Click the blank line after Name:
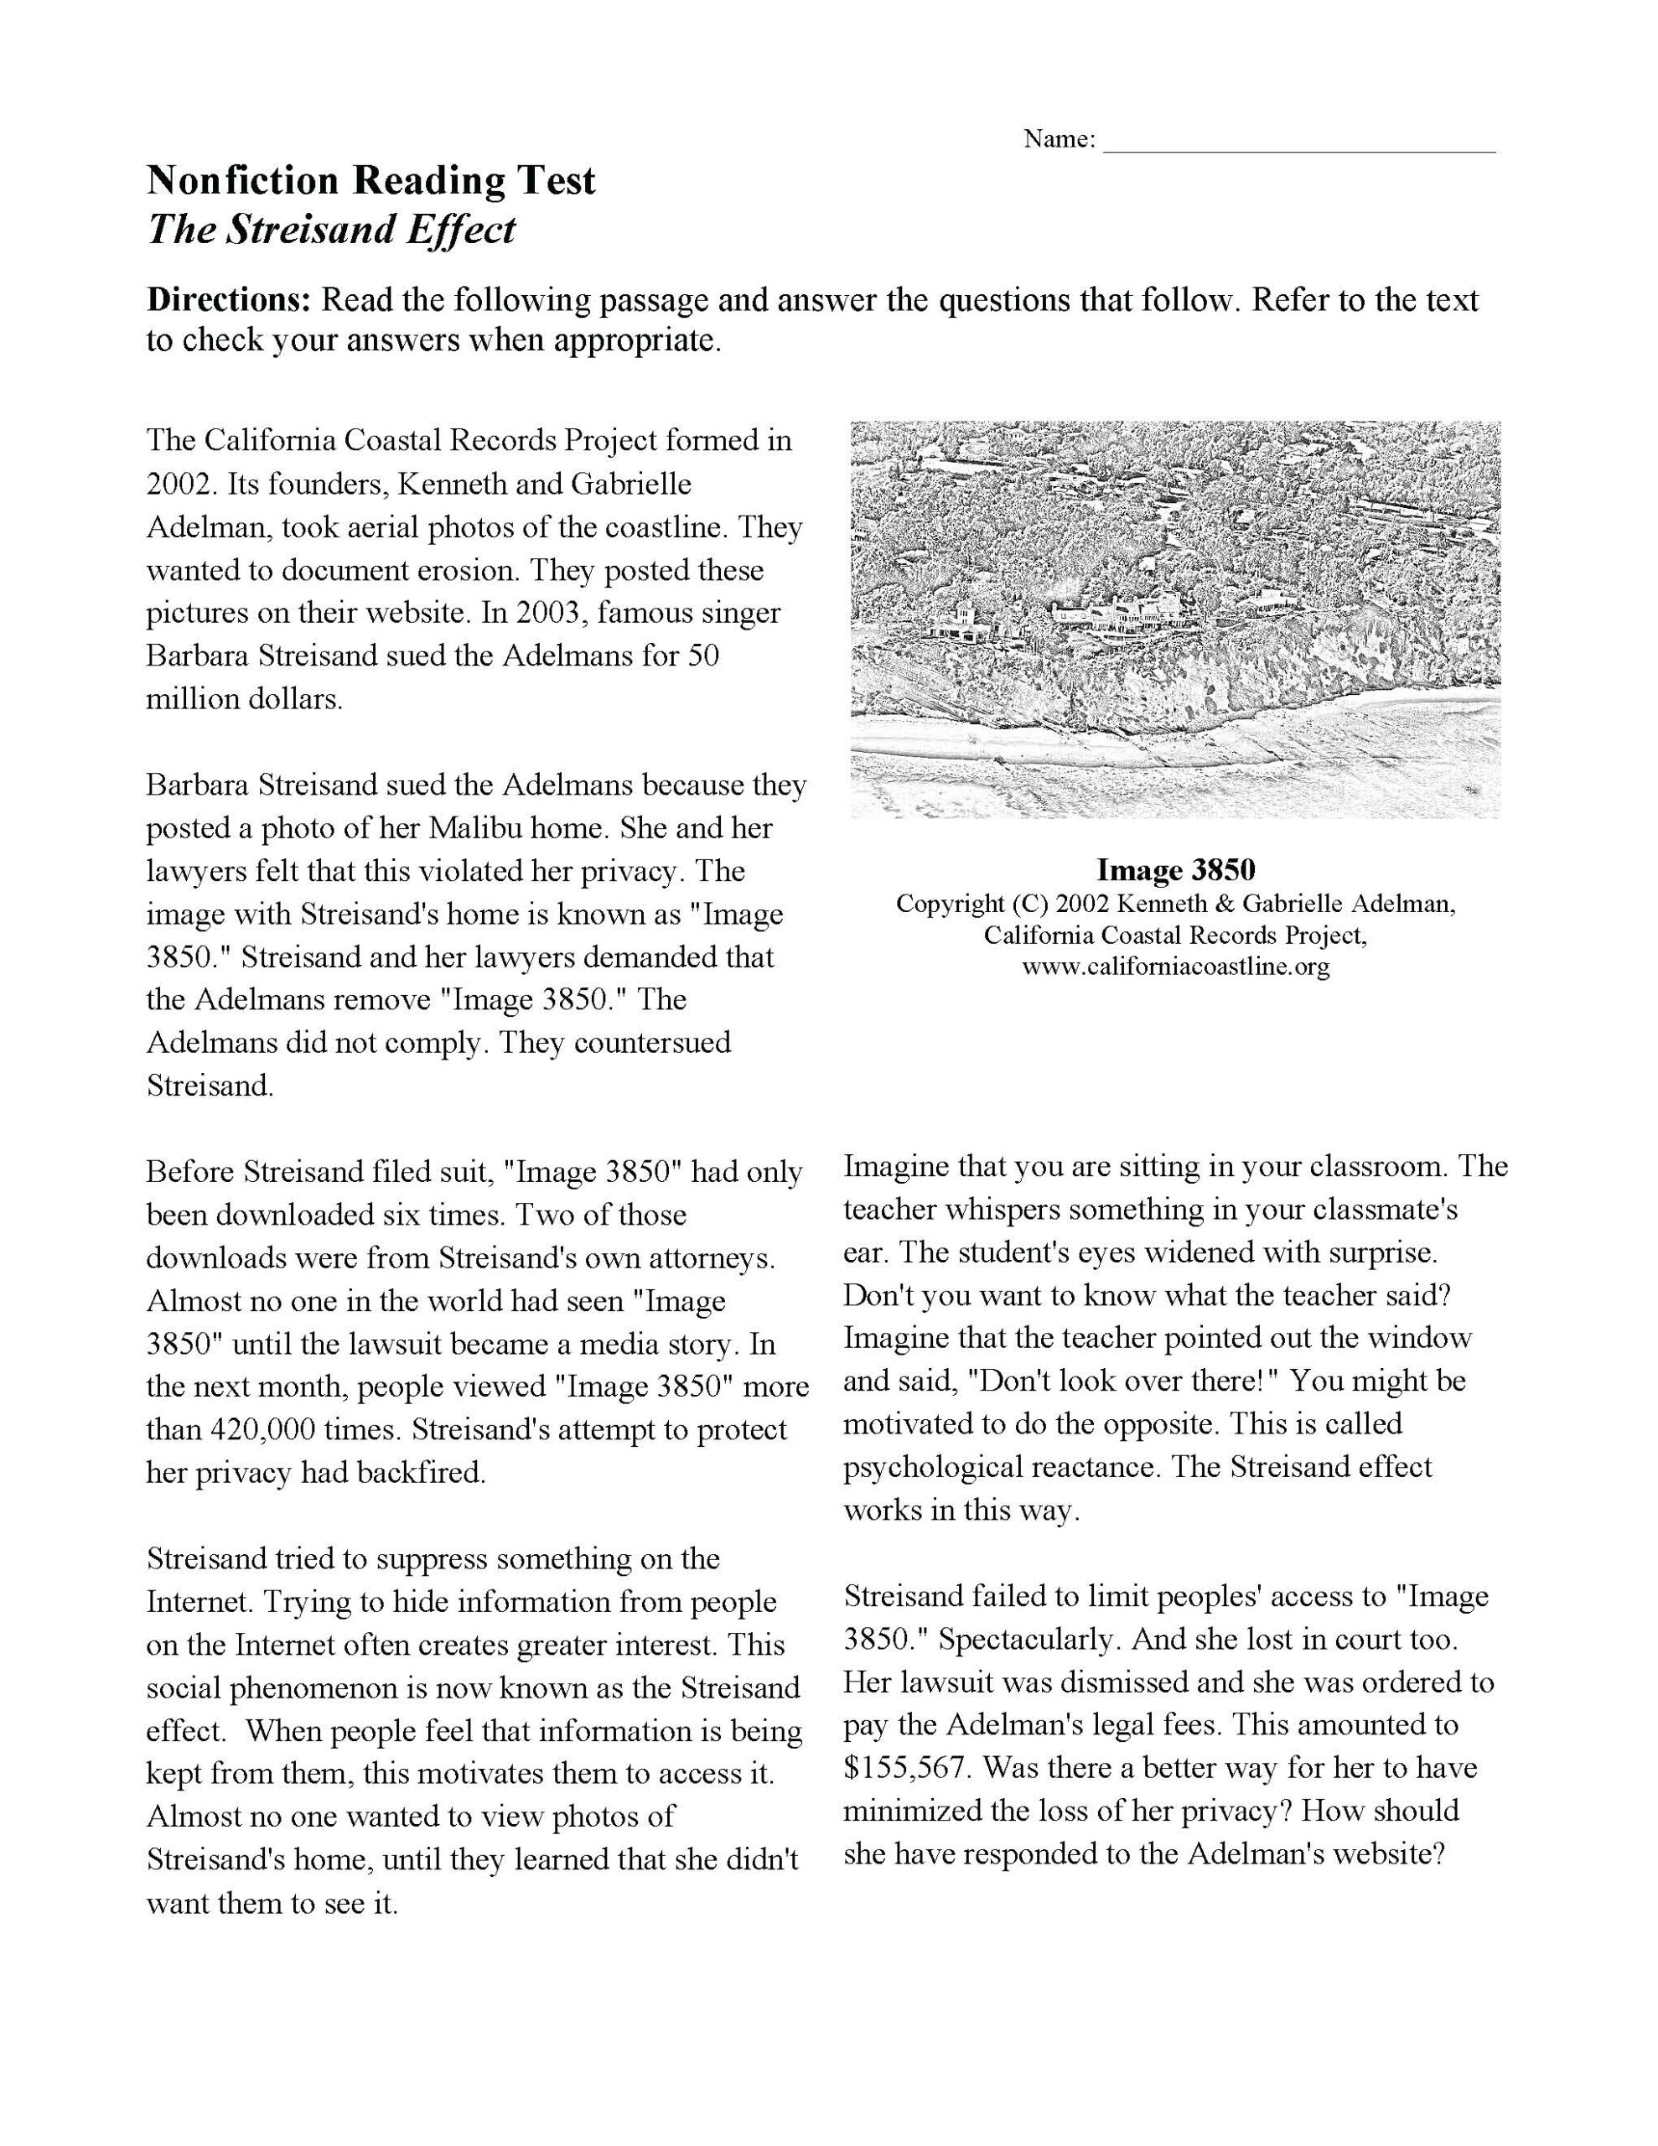click(1298, 147)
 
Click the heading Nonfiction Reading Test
click(370, 181)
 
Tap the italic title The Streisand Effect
click(330, 230)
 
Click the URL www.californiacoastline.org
click(1175, 966)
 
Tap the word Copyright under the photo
click(950, 903)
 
